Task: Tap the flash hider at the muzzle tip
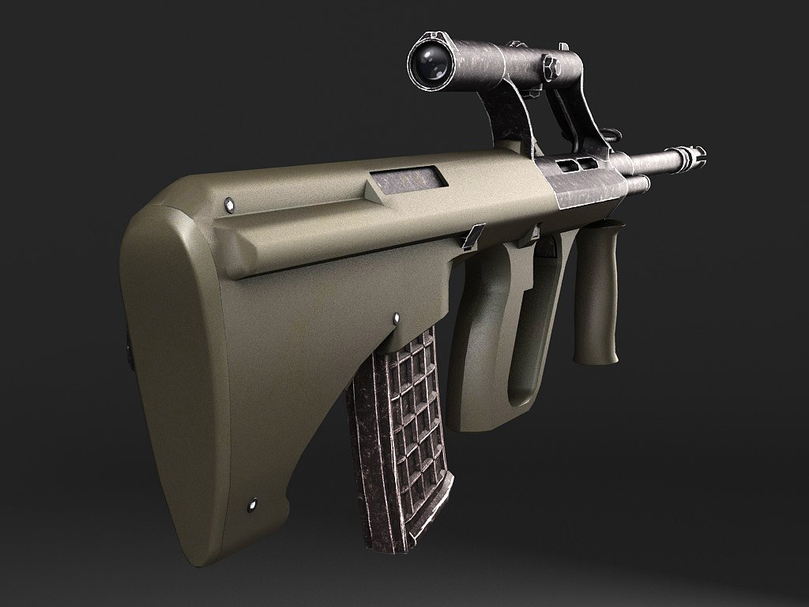pos(690,156)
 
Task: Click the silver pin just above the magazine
pos(396,318)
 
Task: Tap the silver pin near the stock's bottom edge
pos(253,502)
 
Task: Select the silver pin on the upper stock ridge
pos(230,204)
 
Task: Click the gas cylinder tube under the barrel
pos(636,185)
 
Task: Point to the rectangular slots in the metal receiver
pos(578,164)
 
